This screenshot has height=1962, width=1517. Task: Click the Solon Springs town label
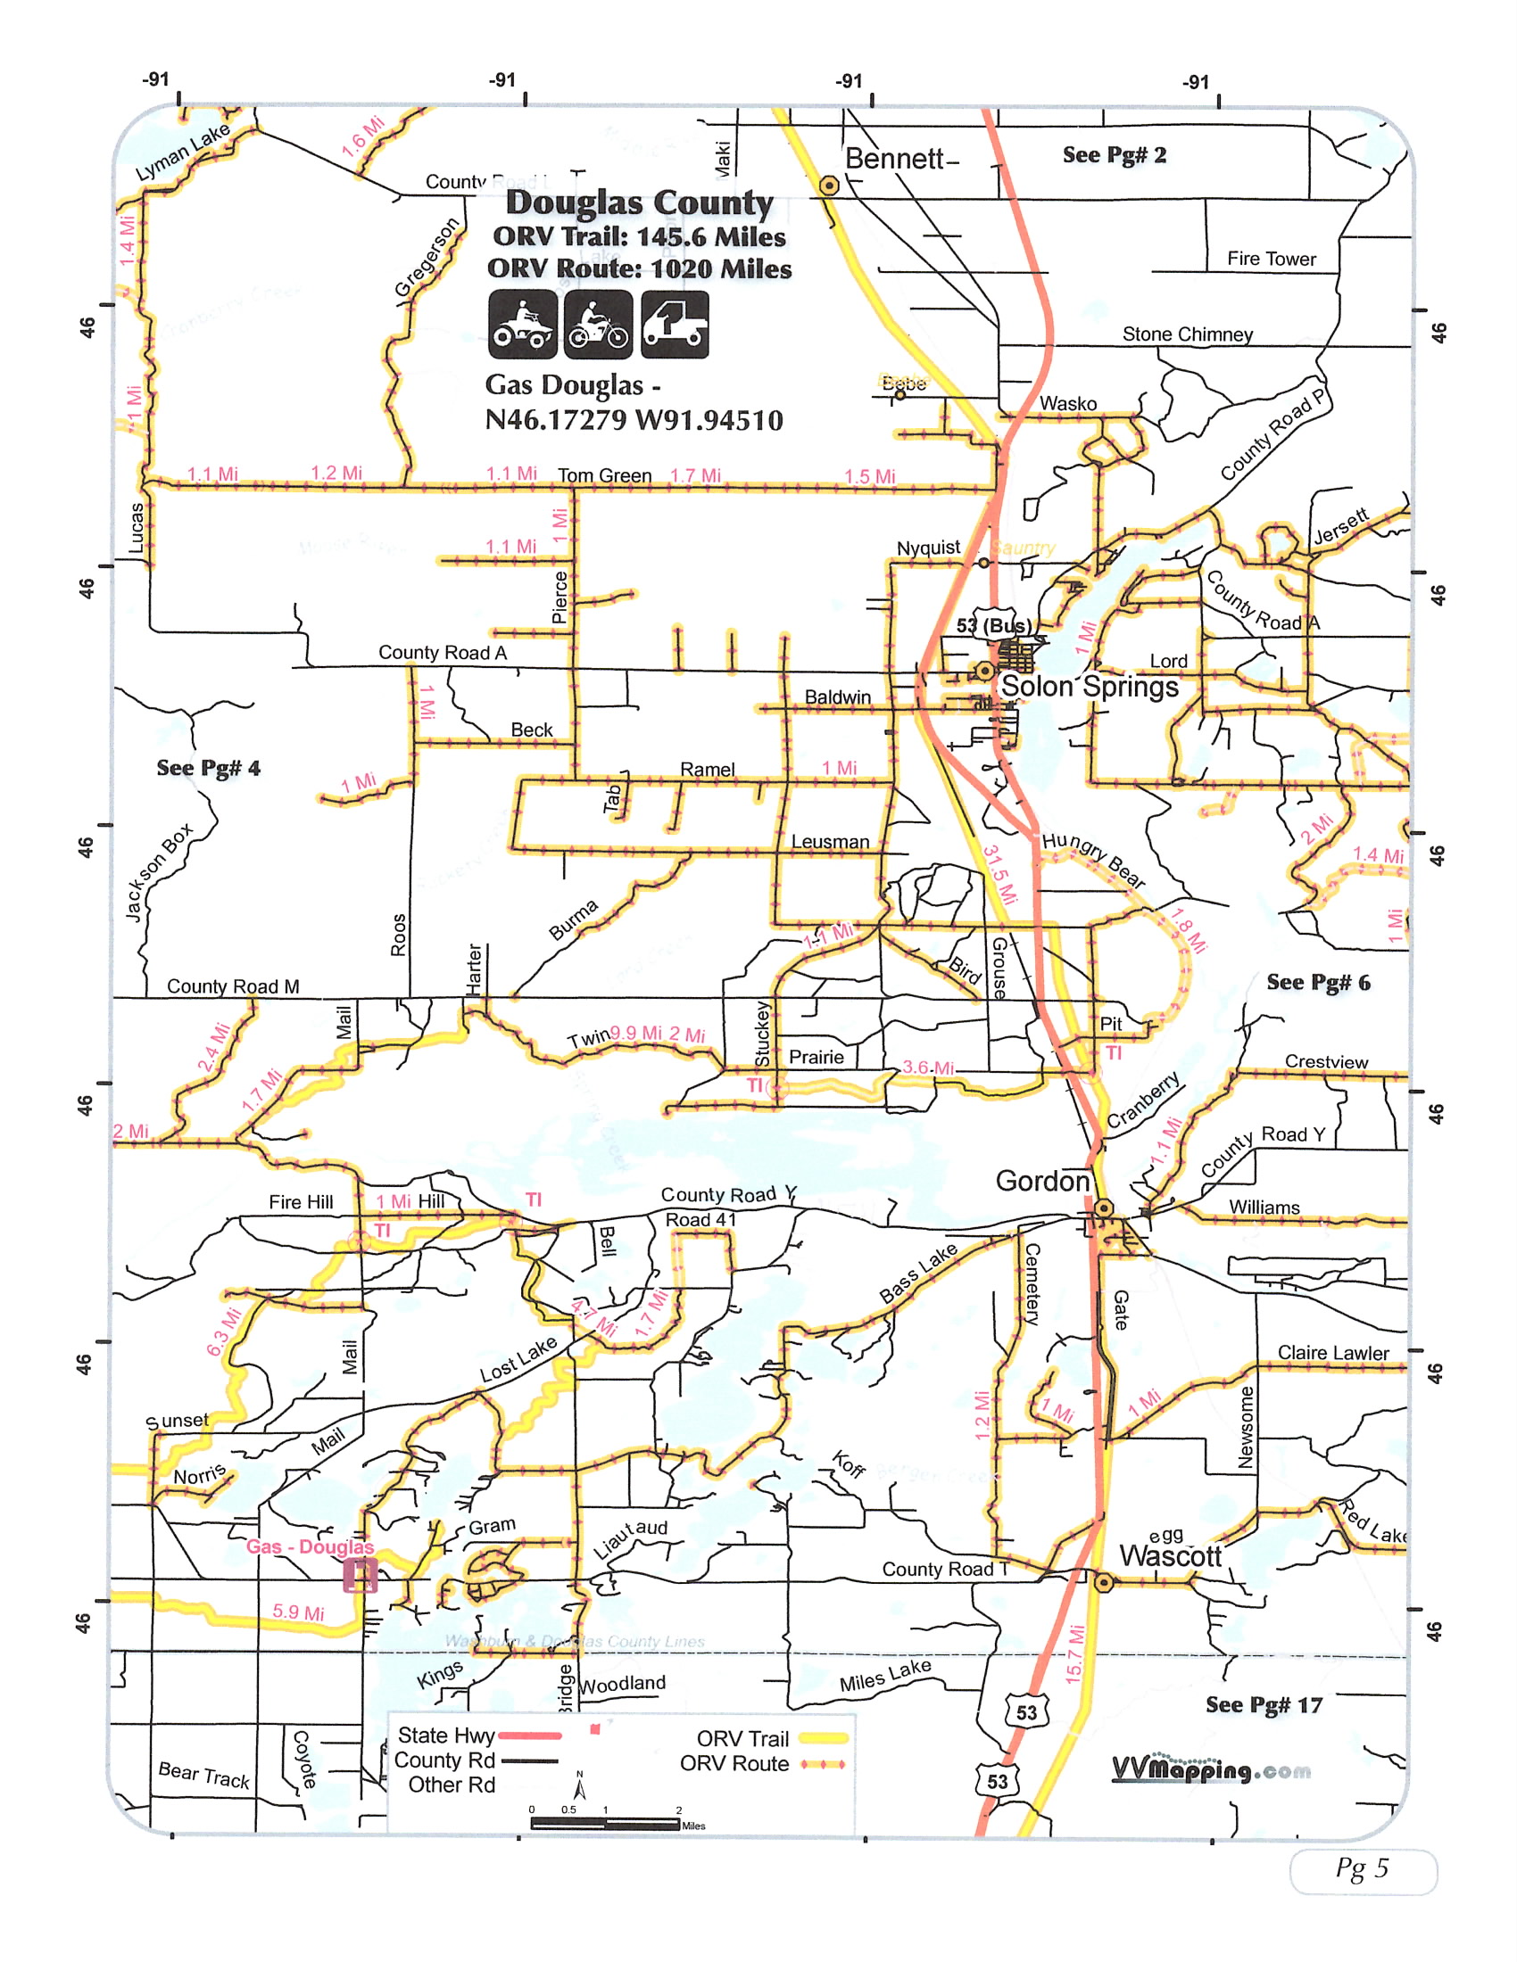1090,688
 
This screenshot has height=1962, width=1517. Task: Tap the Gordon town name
1042,1182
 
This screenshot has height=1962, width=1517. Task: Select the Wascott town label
1170,1556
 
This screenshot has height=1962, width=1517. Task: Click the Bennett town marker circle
829,186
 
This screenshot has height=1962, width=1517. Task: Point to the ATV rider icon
523,325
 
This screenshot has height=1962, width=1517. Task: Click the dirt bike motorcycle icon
599,325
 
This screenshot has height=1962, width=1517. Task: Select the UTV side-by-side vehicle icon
674,325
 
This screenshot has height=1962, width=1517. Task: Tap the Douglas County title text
639,203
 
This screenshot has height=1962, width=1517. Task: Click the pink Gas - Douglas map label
310,1547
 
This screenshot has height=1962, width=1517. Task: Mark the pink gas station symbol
360,1576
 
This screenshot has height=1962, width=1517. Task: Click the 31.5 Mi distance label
999,874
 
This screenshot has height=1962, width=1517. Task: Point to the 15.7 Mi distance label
1075,1653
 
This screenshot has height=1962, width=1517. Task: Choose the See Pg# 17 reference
1264,1705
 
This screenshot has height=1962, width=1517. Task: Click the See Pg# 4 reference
209,768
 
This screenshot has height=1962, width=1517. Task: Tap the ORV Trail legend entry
771,1738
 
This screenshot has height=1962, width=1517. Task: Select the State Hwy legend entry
478,1735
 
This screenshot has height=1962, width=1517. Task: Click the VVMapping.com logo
1211,1769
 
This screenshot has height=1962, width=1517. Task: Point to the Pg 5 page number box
1363,1869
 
